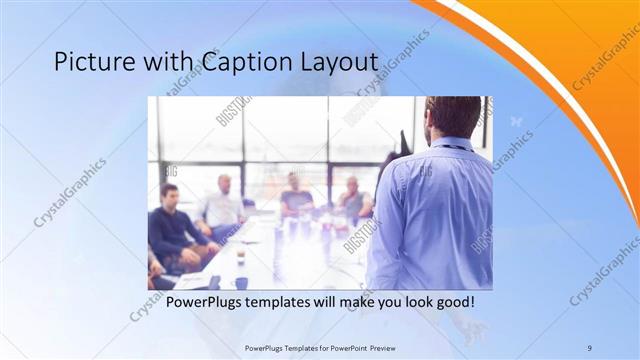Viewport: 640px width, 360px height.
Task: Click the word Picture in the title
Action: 87,62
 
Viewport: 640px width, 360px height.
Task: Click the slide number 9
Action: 588,347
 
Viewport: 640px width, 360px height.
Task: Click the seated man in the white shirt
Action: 222,204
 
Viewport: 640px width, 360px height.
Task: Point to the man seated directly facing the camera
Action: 296,194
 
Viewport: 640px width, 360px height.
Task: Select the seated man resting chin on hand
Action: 352,198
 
